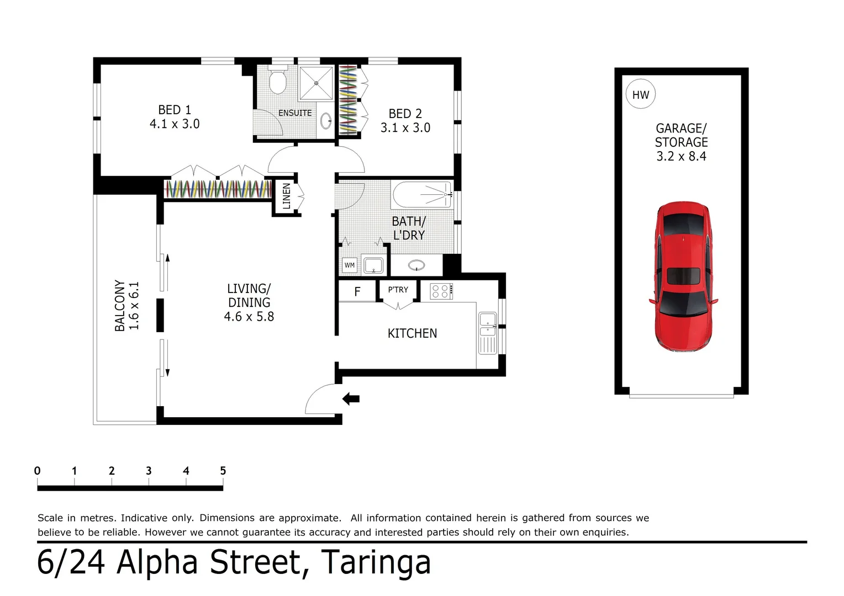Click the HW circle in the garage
click(x=641, y=94)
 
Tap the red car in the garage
click(x=683, y=276)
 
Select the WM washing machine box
click(x=349, y=265)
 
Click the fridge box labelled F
click(x=357, y=291)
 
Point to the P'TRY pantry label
click(x=398, y=290)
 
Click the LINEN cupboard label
click(x=286, y=196)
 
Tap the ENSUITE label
click(x=295, y=113)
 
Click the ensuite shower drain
click(x=317, y=83)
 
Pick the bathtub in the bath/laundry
click(x=423, y=194)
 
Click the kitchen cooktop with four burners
click(x=441, y=291)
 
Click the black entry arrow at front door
click(x=351, y=398)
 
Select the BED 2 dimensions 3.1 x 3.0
click(x=405, y=128)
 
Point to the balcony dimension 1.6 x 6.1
click(x=134, y=306)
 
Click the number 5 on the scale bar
click(x=223, y=471)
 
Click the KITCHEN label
click(x=412, y=333)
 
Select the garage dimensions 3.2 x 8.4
click(x=681, y=157)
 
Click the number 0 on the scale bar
click(x=38, y=471)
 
